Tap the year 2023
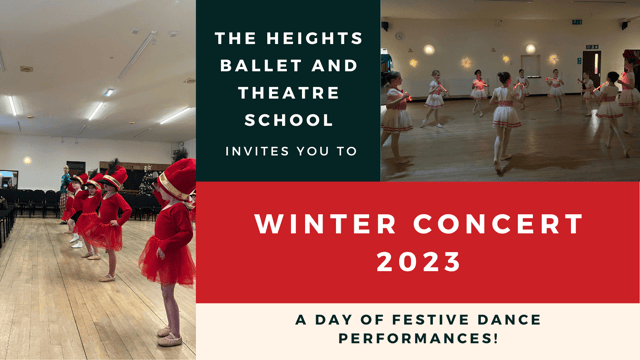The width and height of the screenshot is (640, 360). (x=418, y=262)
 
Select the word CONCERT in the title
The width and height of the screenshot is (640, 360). (x=483, y=224)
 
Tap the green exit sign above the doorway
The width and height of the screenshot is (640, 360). (x=592, y=46)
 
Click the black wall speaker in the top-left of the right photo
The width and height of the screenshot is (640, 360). (x=386, y=25)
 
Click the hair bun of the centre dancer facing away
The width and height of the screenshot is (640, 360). (x=504, y=77)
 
